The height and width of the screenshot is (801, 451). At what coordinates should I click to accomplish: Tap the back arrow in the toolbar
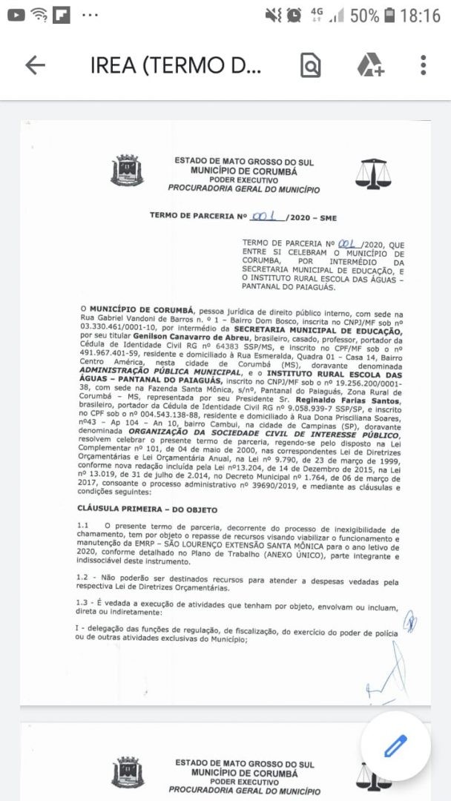(x=35, y=65)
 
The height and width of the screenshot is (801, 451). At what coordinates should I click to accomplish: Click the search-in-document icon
(x=311, y=66)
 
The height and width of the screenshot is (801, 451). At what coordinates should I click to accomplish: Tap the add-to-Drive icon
(x=369, y=65)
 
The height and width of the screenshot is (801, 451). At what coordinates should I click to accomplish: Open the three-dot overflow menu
(x=423, y=65)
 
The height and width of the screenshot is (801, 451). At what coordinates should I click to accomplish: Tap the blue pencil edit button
(x=396, y=745)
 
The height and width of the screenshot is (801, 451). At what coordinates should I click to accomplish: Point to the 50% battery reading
(x=363, y=15)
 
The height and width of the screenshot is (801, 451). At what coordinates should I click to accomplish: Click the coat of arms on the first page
(x=127, y=171)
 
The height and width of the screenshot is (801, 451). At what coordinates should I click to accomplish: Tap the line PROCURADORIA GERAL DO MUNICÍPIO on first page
(x=244, y=190)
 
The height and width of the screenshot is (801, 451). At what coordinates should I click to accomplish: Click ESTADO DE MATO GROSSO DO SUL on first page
(x=244, y=160)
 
